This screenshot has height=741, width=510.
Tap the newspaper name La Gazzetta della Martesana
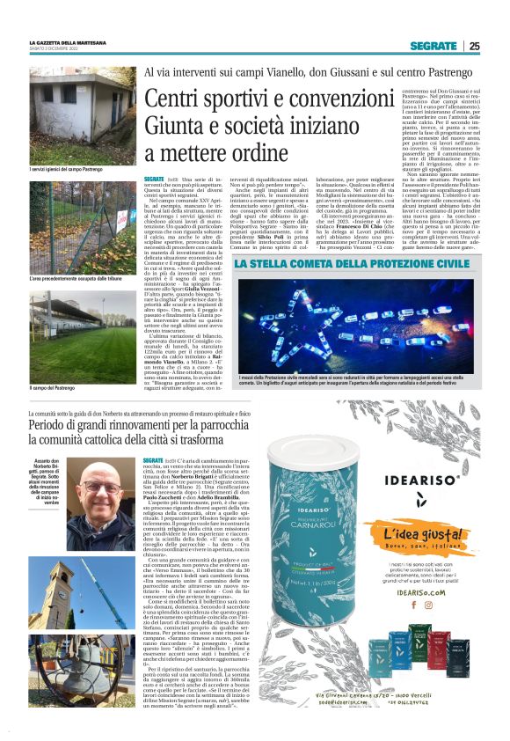pyautogui.click(x=68, y=42)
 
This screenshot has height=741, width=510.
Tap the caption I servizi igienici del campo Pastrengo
pyautogui.click(x=67, y=169)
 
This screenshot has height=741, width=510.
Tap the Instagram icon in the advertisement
pyautogui.click(x=417, y=605)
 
